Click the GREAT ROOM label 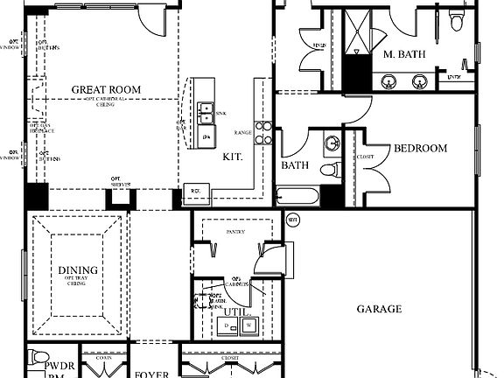click(x=105, y=89)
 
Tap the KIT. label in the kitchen click(x=232, y=157)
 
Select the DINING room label click(x=78, y=270)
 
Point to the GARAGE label click(x=379, y=309)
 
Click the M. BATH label click(x=404, y=54)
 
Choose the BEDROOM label click(x=420, y=148)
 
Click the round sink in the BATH click(x=330, y=143)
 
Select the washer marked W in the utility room click(x=249, y=326)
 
